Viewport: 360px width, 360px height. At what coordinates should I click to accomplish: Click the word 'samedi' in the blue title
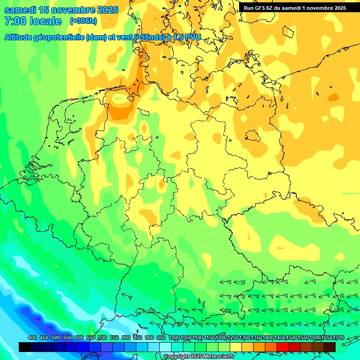[x=21, y=10]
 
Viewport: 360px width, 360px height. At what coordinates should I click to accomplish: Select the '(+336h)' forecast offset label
[x=83, y=21]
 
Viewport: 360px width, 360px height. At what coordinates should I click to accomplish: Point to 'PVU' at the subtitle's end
[x=192, y=37]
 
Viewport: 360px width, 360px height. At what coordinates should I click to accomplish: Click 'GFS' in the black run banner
[x=260, y=8]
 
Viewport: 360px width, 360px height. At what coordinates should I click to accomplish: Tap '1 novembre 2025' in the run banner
[x=324, y=8]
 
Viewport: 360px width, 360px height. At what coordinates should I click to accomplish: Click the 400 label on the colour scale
[x=32, y=337]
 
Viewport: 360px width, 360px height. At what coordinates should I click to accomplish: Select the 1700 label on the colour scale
[x=326, y=337]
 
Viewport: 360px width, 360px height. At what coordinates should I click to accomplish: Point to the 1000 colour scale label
[x=174, y=337]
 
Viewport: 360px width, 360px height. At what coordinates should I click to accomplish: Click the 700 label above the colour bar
[x=103, y=337]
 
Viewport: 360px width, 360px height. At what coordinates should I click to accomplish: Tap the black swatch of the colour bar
[x=25, y=347]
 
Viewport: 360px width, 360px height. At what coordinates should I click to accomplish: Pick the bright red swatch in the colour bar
[x=283, y=347]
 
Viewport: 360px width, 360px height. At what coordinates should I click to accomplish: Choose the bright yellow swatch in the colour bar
[x=236, y=347]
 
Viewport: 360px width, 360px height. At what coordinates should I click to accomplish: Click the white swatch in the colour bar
[x=165, y=347]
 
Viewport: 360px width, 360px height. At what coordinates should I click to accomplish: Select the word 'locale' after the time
[x=46, y=21]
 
